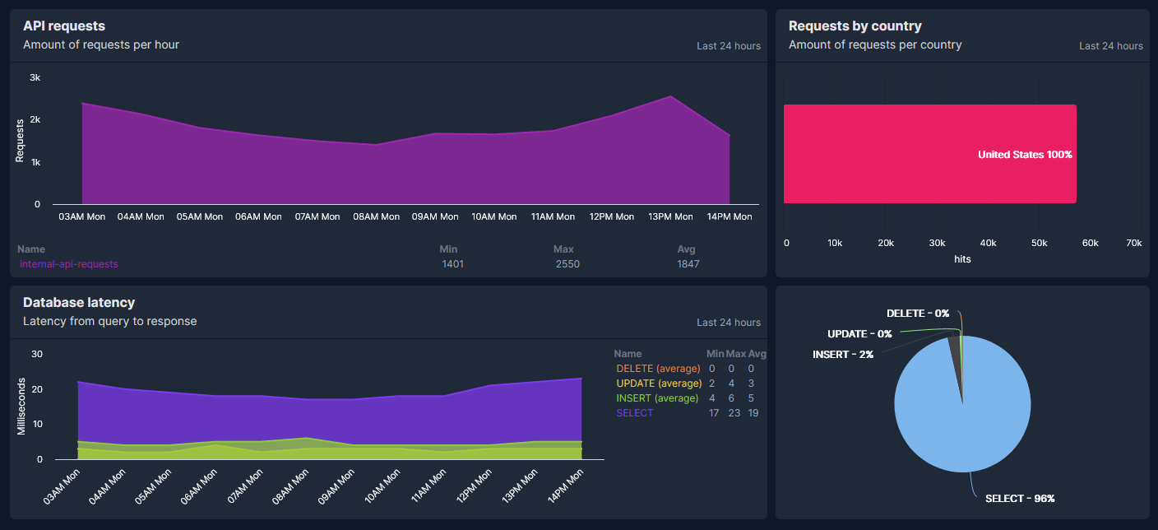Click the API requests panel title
[64, 26]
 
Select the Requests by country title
[855, 26]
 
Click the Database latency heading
[79, 303]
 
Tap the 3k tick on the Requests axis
[35, 77]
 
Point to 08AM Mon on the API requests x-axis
[377, 216]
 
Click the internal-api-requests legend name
[69, 264]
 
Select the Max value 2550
[567, 264]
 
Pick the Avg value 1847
[688, 264]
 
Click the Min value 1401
[452, 264]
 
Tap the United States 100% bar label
[1025, 155]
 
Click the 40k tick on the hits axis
[988, 244]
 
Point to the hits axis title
[962, 258]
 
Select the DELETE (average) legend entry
[658, 369]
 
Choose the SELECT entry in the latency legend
[634, 413]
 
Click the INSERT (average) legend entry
[657, 398]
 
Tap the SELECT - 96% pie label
[1020, 499]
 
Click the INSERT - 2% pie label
[843, 354]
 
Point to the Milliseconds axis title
[21, 406]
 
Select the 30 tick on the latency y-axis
[36, 354]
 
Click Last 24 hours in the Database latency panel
[728, 323]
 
